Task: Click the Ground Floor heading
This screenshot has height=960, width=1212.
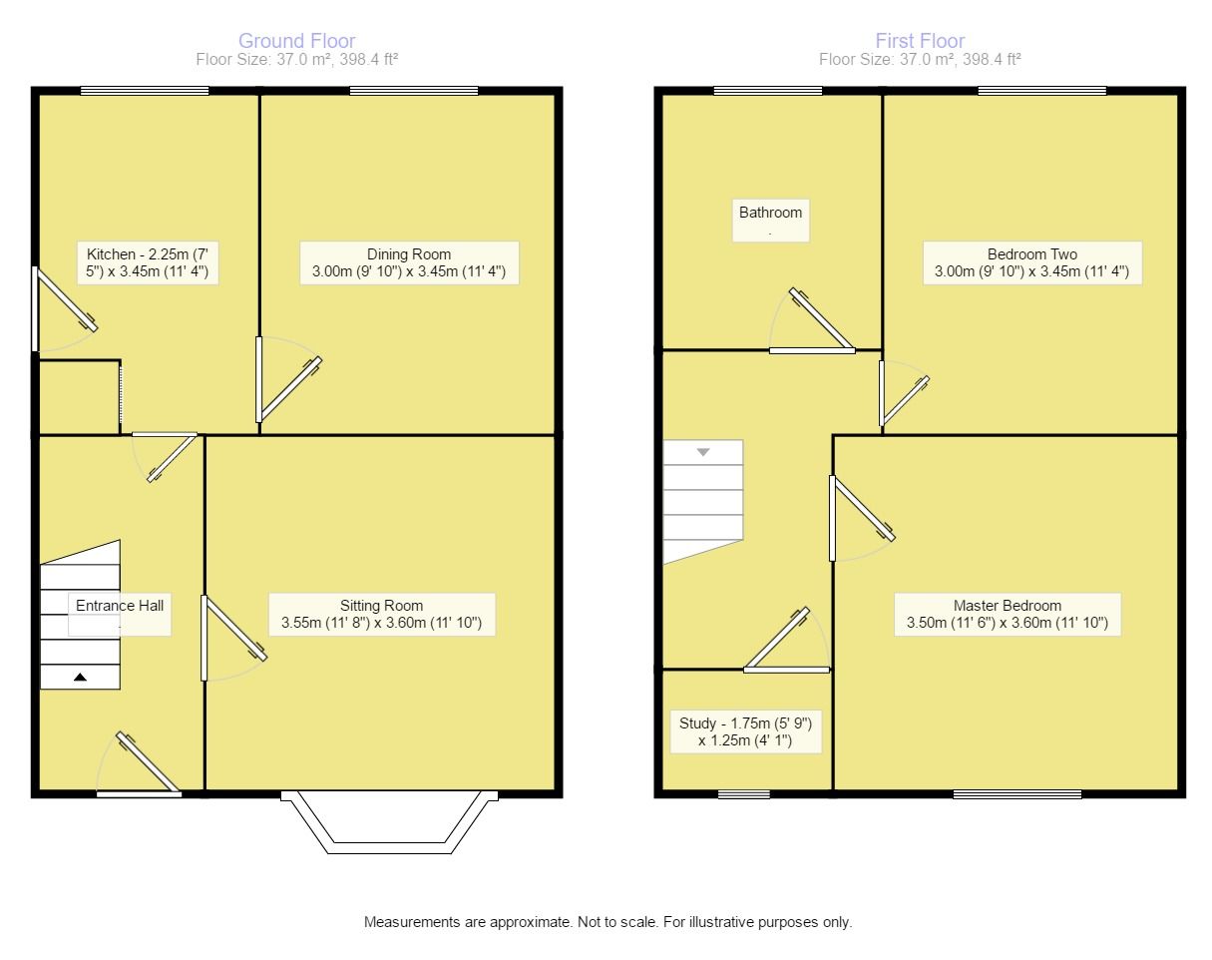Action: click(296, 41)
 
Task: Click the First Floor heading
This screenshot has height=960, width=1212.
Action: click(920, 41)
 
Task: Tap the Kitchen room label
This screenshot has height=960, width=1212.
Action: click(147, 262)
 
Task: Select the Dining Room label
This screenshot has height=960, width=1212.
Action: click(409, 262)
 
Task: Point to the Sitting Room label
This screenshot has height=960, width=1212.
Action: click(381, 614)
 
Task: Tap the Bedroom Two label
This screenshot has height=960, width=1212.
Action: click(1031, 262)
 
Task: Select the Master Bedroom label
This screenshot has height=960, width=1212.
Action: click(1007, 614)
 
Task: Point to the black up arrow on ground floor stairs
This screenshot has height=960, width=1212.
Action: click(80, 678)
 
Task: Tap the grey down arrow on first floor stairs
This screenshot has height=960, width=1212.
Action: click(703, 452)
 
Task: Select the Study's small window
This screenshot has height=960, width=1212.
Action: click(737, 794)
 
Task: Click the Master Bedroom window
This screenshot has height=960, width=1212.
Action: click(1016, 794)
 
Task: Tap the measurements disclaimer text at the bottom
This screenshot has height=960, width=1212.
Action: click(607, 922)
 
